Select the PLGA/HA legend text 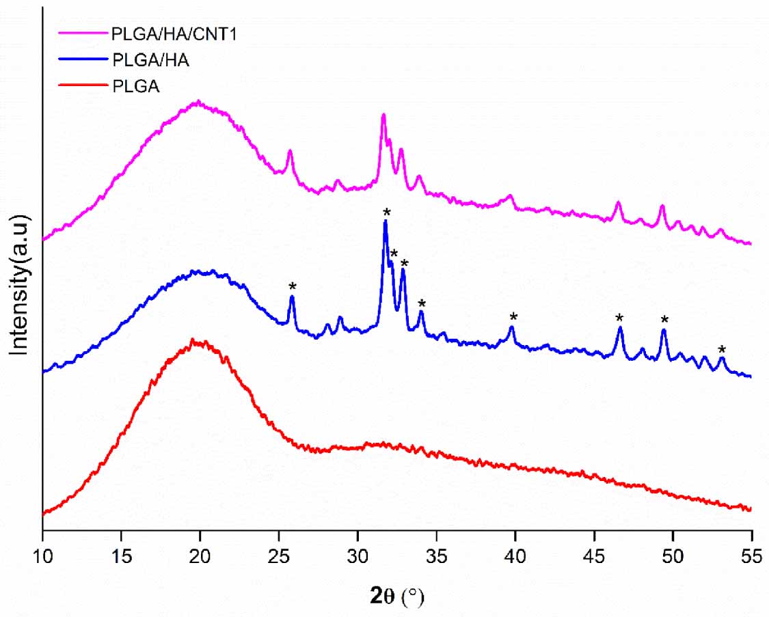click(x=149, y=59)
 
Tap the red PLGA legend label click(x=135, y=85)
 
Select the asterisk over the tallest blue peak click(x=386, y=212)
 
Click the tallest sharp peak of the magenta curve click(x=383, y=116)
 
